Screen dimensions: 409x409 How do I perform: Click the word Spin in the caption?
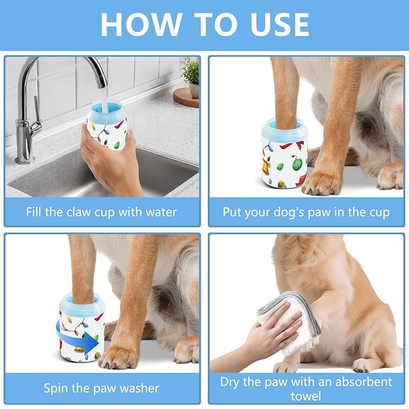click(x=55, y=387)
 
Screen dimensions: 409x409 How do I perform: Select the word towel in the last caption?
click(x=306, y=396)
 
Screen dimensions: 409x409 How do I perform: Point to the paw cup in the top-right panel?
click(x=284, y=154)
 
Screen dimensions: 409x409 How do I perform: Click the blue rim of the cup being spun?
click(x=82, y=301)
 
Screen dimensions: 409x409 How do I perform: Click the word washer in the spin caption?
click(x=140, y=387)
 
